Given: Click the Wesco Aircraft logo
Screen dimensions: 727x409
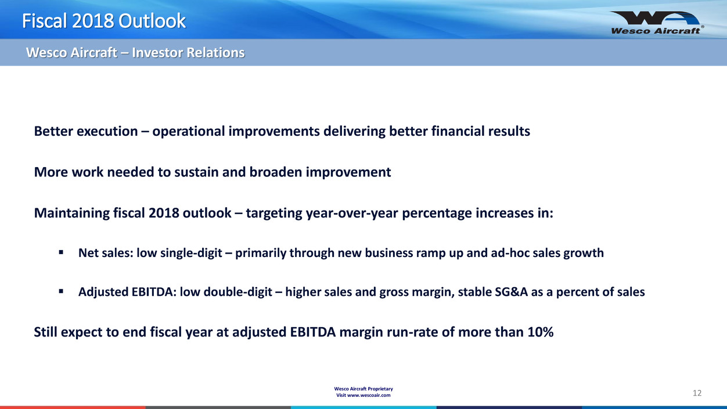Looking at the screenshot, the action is pyautogui.click(x=657, y=23).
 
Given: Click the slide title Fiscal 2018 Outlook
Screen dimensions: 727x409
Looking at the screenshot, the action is pyautogui.click(x=104, y=21).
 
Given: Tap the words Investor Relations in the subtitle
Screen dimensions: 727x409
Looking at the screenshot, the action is pyautogui.click(x=188, y=53).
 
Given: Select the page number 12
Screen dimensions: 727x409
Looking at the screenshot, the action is pyautogui.click(x=697, y=393).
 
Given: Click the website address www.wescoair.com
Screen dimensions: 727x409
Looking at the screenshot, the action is pyautogui.click(x=369, y=396).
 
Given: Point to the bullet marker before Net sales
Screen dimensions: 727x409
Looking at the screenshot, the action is pyautogui.click(x=61, y=252).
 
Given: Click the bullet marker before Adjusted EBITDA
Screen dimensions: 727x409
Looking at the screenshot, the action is pyautogui.click(x=61, y=291).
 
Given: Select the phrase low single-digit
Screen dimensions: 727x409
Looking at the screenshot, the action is pyautogui.click(x=179, y=253).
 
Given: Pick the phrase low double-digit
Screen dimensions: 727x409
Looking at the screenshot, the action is pyautogui.click(x=226, y=292).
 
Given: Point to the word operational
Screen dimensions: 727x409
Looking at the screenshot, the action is pyautogui.click(x=189, y=131).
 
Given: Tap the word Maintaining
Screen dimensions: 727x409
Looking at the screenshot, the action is pyautogui.click(x=72, y=213).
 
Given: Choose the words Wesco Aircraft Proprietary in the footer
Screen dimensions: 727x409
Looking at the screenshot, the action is pyautogui.click(x=363, y=389).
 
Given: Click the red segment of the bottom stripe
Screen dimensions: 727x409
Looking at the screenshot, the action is pyautogui.click(x=73, y=407).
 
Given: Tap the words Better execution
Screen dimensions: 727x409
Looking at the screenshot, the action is pyautogui.click(x=86, y=131).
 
